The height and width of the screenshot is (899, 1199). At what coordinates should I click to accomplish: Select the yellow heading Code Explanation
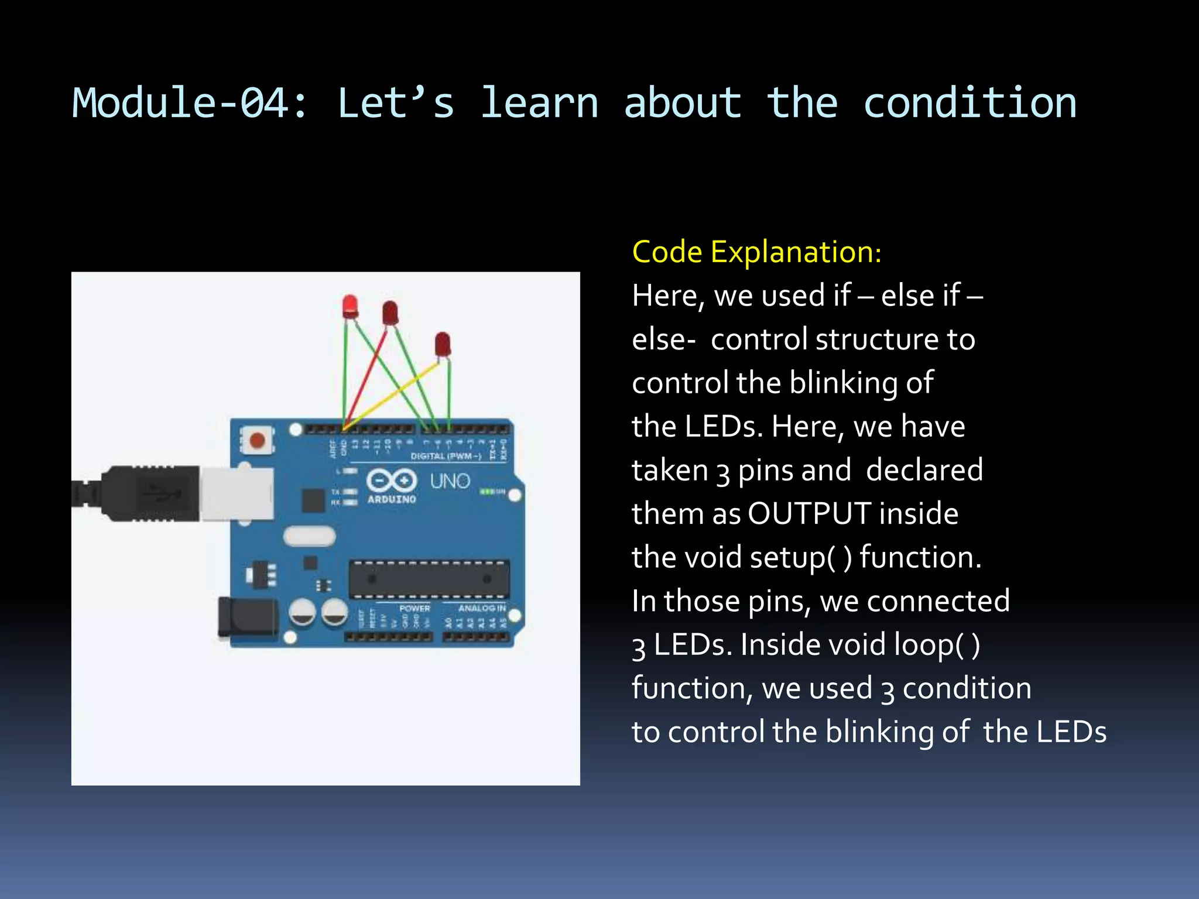(756, 252)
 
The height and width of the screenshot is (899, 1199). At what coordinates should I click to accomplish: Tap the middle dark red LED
(390, 313)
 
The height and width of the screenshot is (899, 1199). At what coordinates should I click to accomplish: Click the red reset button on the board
(257, 440)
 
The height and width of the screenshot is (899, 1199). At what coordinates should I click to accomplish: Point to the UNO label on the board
(450, 481)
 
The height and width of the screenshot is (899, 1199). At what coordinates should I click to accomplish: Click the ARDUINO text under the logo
(392, 499)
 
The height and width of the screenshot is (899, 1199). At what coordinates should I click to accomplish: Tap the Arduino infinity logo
(392, 481)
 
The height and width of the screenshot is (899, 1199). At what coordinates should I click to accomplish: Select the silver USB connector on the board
(237, 493)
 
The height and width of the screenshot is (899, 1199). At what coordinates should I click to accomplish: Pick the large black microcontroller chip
(429, 579)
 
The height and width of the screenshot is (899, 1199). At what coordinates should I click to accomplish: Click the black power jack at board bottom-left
(246, 617)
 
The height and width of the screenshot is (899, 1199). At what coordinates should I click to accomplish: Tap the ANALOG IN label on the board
(482, 608)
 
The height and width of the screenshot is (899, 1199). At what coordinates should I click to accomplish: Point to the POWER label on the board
(414, 608)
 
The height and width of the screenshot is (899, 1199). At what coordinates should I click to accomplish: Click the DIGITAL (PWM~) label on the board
(446, 456)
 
